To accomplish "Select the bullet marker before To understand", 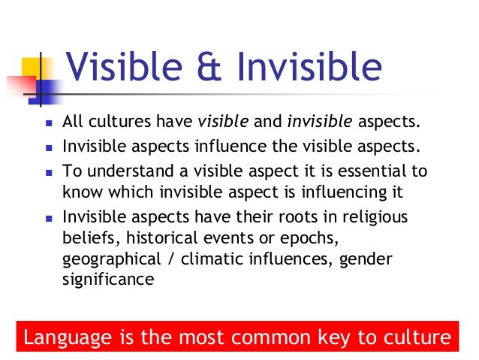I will tap(46, 170).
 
